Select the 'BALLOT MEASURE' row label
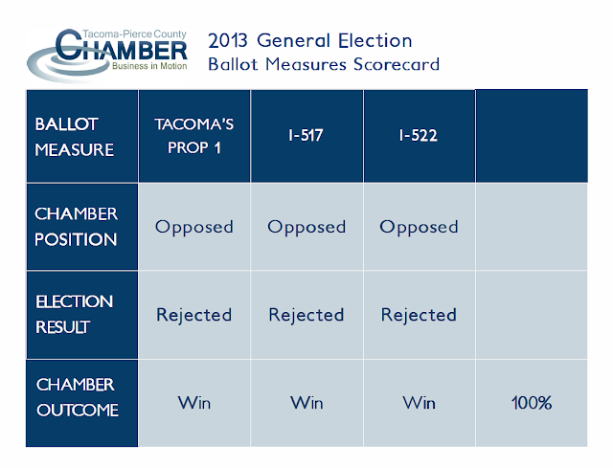(x=75, y=137)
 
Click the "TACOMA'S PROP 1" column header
(x=194, y=137)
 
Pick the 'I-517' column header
(x=306, y=136)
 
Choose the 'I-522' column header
(x=419, y=136)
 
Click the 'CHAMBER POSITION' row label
(x=77, y=227)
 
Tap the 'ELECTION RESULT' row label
(x=75, y=314)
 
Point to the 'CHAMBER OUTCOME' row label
(x=77, y=397)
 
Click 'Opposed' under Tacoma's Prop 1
(x=194, y=227)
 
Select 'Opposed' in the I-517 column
(x=306, y=227)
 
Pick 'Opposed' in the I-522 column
(x=419, y=227)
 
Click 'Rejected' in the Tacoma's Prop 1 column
(x=194, y=315)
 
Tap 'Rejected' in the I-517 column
(x=306, y=315)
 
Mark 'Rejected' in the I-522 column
(x=419, y=315)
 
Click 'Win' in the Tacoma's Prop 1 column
(x=194, y=402)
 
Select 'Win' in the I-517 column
(x=306, y=402)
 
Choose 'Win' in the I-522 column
(x=419, y=402)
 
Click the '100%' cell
(x=531, y=403)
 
